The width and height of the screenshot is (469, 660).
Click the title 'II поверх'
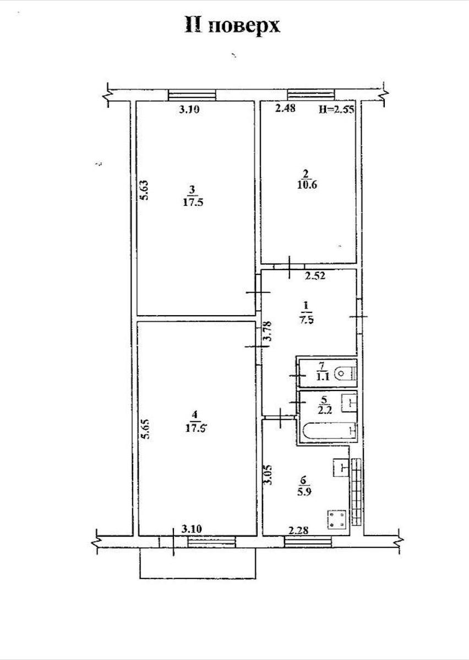point(232,26)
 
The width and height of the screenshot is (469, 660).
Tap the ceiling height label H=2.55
point(336,109)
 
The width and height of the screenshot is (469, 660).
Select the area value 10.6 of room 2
point(307,185)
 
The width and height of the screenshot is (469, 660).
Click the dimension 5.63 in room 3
point(144,190)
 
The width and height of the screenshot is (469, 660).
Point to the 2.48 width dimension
point(285,108)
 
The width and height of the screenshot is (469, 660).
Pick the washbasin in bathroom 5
point(349,403)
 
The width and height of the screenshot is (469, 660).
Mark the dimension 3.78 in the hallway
point(269,331)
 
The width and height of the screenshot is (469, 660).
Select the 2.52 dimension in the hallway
point(315,276)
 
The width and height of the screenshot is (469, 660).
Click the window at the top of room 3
point(192,95)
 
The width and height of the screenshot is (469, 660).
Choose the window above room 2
point(311,95)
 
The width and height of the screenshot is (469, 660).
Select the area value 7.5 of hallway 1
point(307,320)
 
